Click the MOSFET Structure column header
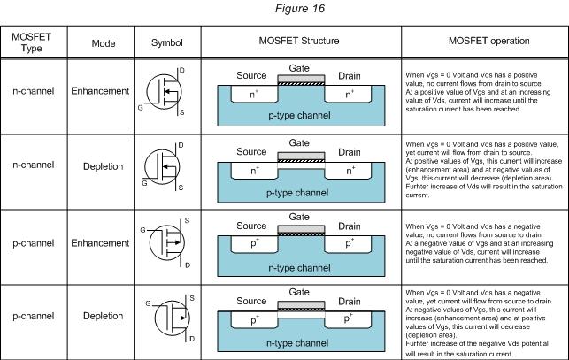coord(301,42)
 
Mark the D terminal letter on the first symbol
coord(181,69)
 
